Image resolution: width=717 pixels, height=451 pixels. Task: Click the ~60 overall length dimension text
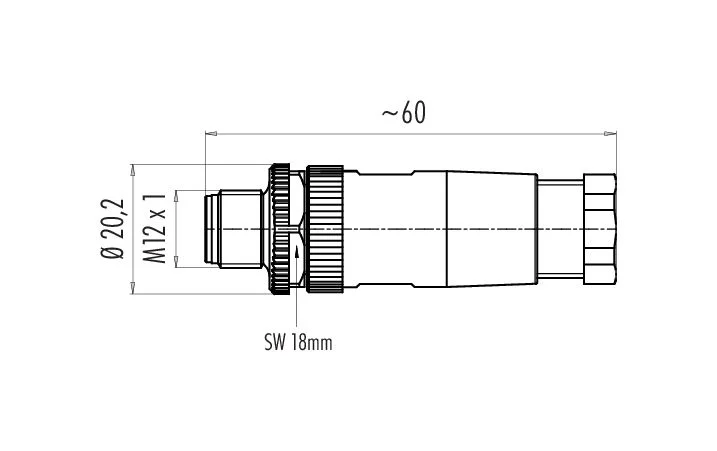tap(404, 113)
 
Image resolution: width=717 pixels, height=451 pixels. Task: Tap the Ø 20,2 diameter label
tap(112, 229)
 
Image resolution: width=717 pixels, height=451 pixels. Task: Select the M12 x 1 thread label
tap(155, 228)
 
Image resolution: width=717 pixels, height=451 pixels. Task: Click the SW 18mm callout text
tap(298, 342)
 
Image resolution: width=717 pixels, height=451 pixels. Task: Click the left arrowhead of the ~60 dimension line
tap(211, 134)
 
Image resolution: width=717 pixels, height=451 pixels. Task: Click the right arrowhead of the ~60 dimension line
tap(610, 134)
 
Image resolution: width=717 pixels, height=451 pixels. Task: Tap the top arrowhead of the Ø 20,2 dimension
tap(133, 170)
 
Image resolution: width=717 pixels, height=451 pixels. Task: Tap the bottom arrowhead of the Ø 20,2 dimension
tap(133, 288)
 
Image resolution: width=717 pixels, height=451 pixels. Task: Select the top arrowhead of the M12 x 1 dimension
tap(177, 196)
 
